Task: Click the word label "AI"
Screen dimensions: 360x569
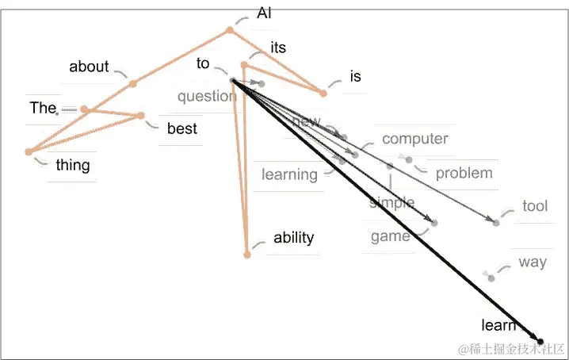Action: (x=265, y=13)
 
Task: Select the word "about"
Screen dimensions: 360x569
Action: (x=89, y=67)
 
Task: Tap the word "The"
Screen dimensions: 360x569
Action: (x=41, y=108)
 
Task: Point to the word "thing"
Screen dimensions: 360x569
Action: (x=73, y=166)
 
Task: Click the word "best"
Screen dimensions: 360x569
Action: (x=181, y=128)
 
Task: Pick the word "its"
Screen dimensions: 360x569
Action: (x=278, y=48)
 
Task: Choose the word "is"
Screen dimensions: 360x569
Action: (x=355, y=76)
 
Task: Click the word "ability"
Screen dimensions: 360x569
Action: (x=293, y=237)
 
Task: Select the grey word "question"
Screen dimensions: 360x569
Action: (x=206, y=97)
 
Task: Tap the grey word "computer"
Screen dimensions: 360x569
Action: (x=414, y=139)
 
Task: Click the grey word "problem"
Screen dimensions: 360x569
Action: (x=464, y=173)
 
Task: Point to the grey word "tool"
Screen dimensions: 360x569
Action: (x=535, y=206)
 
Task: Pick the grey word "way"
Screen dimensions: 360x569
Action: (x=533, y=262)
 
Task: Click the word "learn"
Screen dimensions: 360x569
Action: (x=498, y=325)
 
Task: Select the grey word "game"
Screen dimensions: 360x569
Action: (x=390, y=236)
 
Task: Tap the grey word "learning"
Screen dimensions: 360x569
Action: (x=289, y=174)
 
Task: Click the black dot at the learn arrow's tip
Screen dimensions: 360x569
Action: (x=541, y=341)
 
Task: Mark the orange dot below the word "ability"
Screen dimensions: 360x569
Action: (x=247, y=255)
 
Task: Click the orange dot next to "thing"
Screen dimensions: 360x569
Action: (x=29, y=151)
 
